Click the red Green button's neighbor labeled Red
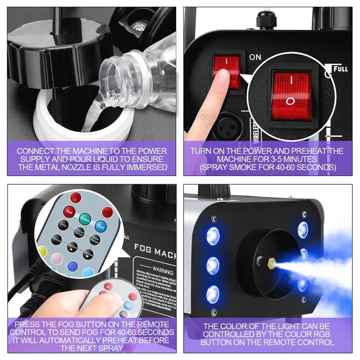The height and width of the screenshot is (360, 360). coord(69,212)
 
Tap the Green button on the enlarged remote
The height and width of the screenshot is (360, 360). coord(85,219)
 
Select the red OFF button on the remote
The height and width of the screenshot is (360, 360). coord(107,212)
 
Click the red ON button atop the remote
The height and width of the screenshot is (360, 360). coord(76,197)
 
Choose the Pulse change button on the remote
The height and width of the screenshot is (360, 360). coord(94,239)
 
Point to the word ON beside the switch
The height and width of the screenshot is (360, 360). coord(255,57)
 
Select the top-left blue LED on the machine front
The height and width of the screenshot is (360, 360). coord(213,236)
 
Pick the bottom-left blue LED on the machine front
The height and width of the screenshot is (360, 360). coord(213,294)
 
